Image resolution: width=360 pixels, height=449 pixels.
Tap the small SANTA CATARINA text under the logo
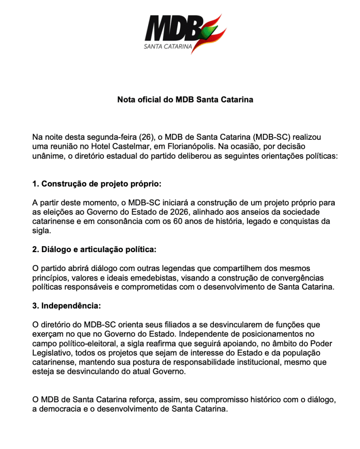[168, 46]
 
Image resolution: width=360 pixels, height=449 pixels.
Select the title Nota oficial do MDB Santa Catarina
[185, 99]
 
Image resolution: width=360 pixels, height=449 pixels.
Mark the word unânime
[48, 156]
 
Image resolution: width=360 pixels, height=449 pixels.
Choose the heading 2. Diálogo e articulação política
[94, 249]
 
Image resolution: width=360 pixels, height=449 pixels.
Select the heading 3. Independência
[67, 306]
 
